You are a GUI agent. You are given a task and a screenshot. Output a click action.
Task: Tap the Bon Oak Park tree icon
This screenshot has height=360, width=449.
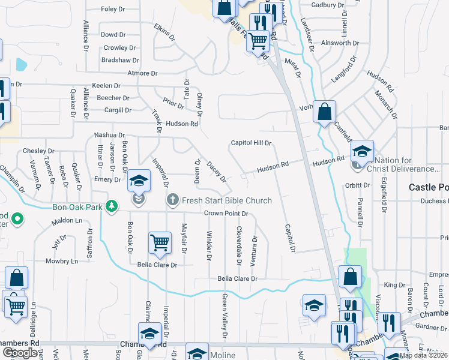coord(111,206)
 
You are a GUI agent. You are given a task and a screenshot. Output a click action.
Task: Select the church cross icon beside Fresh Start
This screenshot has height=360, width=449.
coord(172,199)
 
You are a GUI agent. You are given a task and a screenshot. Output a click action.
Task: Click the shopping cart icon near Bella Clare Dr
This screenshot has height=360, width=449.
coord(160,243)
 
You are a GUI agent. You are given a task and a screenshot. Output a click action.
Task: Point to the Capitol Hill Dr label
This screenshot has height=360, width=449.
coord(252,143)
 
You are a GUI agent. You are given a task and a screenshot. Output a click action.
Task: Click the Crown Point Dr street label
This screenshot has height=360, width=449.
coord(225,214)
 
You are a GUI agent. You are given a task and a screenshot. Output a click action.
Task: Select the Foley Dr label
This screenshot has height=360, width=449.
coord(113,9)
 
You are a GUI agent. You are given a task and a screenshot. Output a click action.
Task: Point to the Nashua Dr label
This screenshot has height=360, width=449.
coord(109,136)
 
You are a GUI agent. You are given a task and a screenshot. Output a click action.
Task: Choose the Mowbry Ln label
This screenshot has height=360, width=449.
coord(62,262)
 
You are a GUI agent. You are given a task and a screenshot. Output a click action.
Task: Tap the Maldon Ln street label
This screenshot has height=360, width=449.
coord(66,221)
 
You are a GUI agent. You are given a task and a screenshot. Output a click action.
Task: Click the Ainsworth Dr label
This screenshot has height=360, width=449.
coord(340,43)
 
